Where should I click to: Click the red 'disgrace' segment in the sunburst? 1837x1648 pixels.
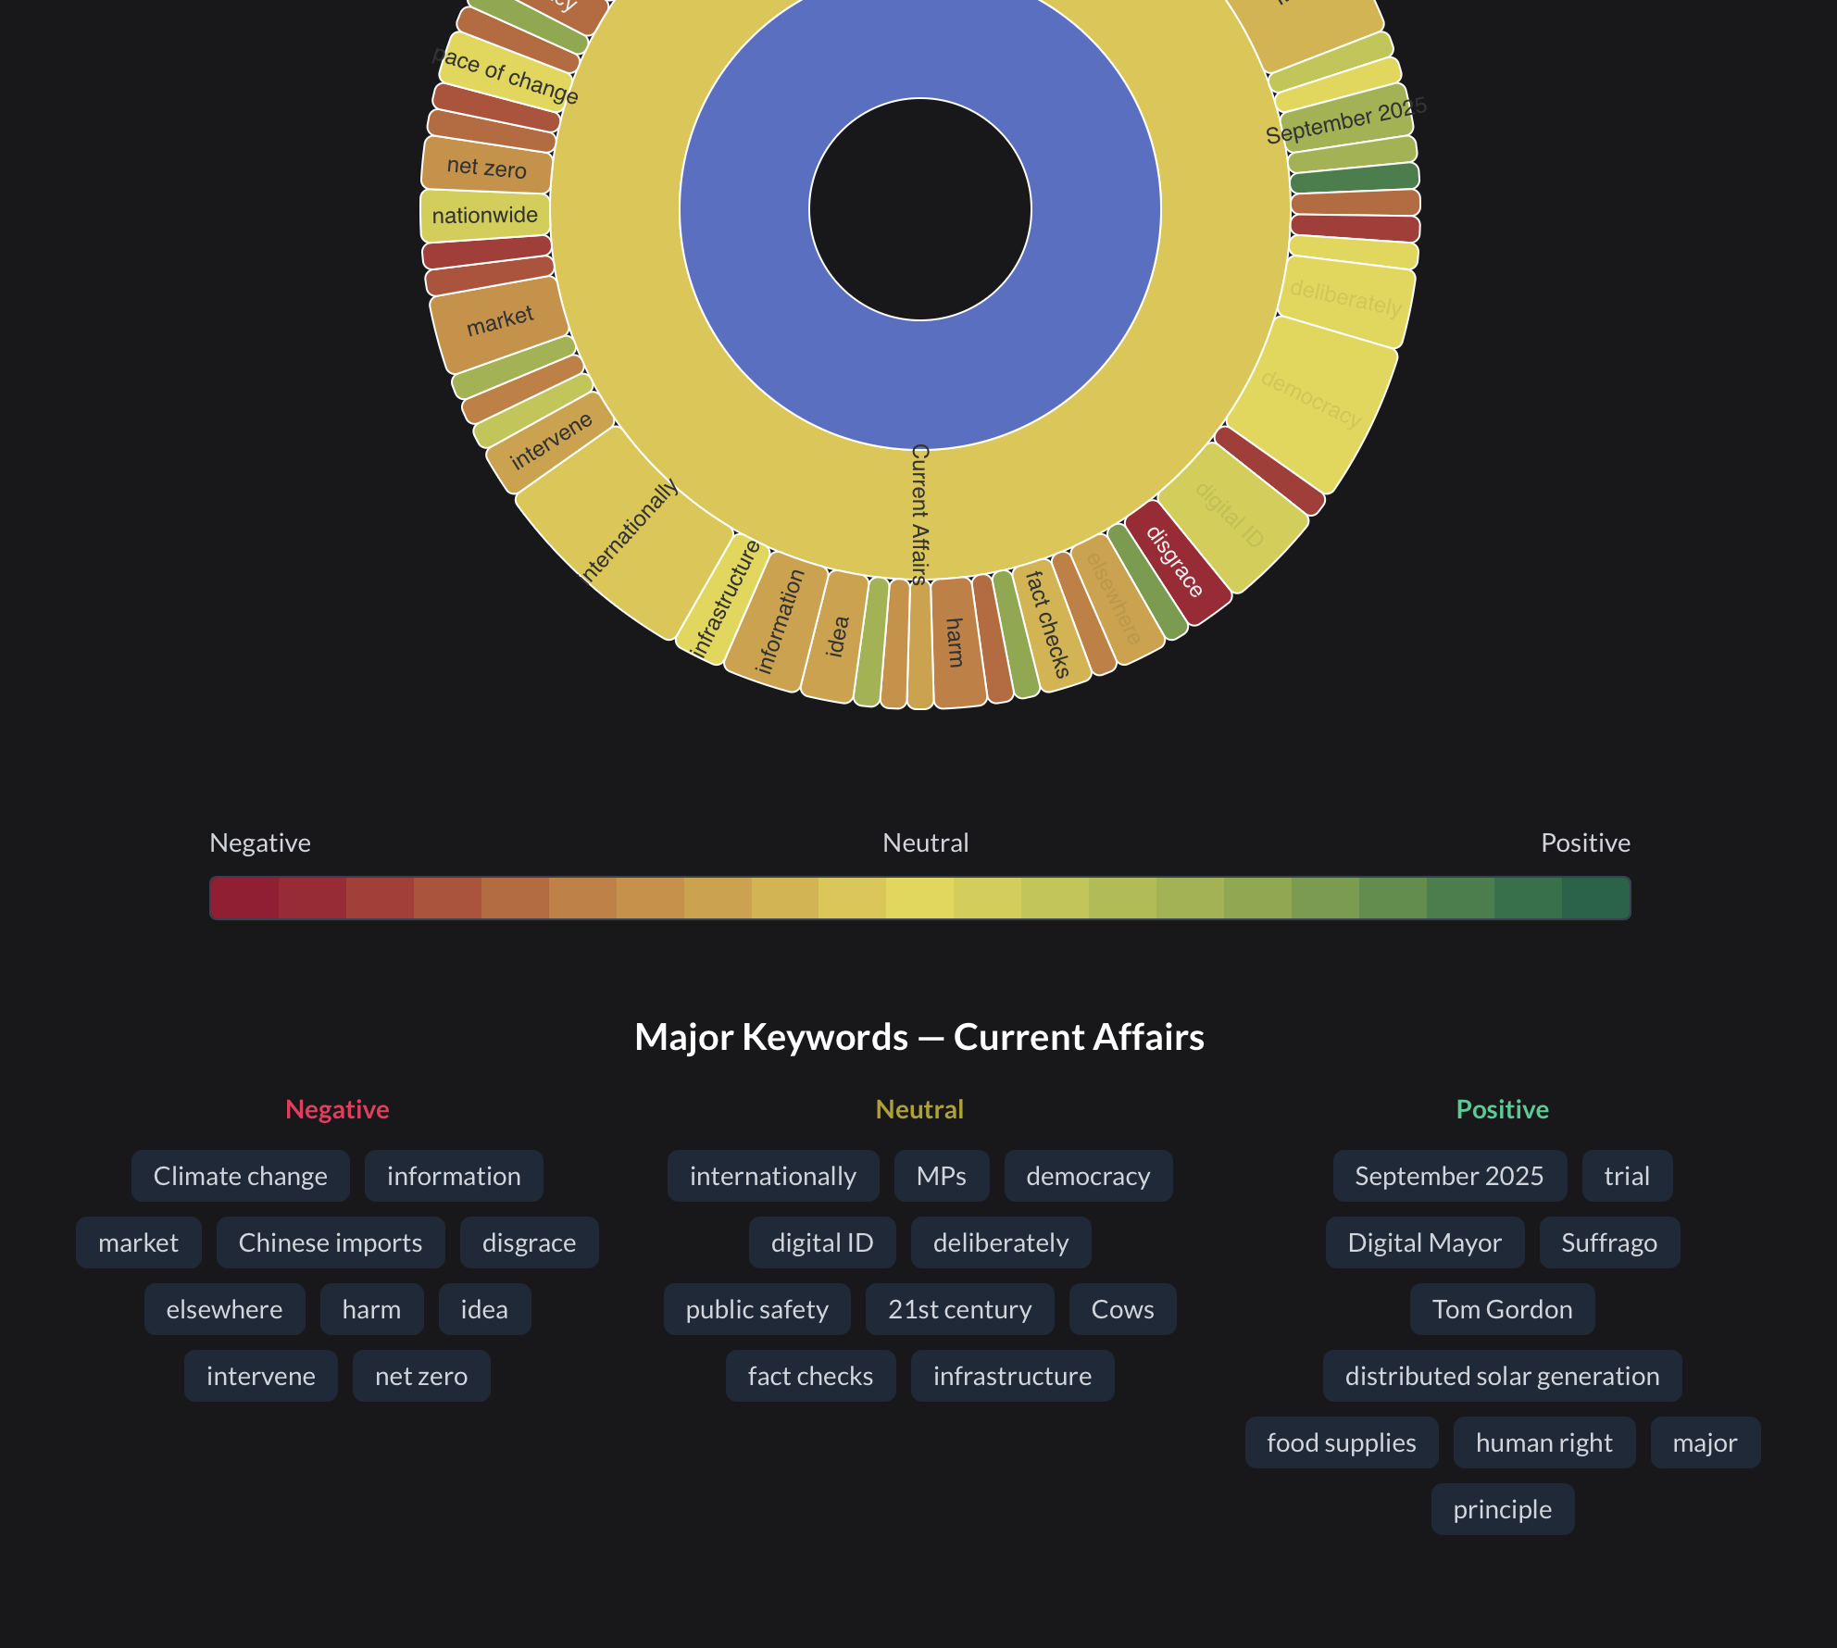pyautogui.click(x=1174, y=562)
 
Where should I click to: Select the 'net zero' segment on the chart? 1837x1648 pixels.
pyautogui.click(x=487, y=168)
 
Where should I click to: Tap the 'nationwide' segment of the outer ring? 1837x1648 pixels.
pyautogui.click(x=485, y=215)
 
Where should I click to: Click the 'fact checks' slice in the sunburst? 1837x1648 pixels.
pyautogui.click(x=1047, y=625)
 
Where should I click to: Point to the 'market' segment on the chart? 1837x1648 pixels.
pyautogui.click(x=500, y=321)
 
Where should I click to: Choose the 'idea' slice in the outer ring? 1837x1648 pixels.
pyautogui.click(x=836, y=637)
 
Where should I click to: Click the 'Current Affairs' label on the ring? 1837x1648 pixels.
pyautogui.click(x=919, y=514)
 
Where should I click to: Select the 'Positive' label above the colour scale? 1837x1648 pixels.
pyautogui.click(x=1585, y=843)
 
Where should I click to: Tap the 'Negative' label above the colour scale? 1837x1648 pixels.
pyautogui.click(x=260, y=843)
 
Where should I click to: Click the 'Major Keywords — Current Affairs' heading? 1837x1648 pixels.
pyautogui.click(x=919, y=1037)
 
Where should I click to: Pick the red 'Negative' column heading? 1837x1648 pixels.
pyautogui.click(x=337, y=1109)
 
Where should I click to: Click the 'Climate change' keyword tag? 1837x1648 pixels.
pyautogui.click(x=241, y=1176)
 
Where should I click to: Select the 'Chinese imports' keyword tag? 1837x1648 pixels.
pyautogui.click(x=331, y=1242)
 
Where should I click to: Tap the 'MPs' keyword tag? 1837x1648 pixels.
pyautogui.click(x=942, y=1176)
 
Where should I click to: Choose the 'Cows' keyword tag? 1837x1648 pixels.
pyautogui.click(x=1122, y=1309)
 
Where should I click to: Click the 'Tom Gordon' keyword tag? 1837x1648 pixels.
pyautogui.click(x=1502, y=1309)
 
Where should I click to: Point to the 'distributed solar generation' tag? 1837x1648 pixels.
pyautogui.click(x=1502, y=1376)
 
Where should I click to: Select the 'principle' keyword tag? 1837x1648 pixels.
pyautogui.click(x=1502, y=1509)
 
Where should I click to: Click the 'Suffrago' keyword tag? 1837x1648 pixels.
pyautogui.click(x=1609, y=1242)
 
